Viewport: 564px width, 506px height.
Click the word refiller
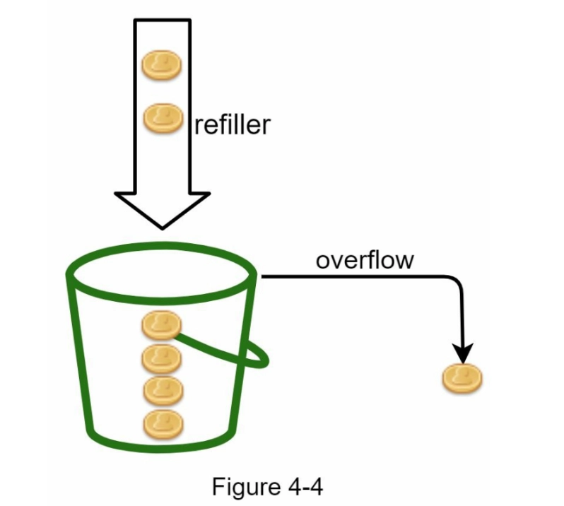pyautogui.click(x=232, y=124)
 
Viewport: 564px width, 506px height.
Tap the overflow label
pyautogui.click(x=365, y=259)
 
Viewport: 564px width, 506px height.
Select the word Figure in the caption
pyautogui.click(x=247, y=487)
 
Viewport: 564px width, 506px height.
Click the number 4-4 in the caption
pyautogui.click(x=305, y=487)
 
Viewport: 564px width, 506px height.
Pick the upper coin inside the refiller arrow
pyautogui.click(x=162, y=65)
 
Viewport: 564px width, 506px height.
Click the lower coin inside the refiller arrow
pyautogui.click(x=163, y=118)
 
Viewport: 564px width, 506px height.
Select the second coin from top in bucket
pyautogui.click(x=162, y=358)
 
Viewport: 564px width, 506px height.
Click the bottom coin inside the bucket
pyautogui.click(x=163, y=425)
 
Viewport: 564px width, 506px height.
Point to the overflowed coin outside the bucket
pyautogui.click(x=462, y=378)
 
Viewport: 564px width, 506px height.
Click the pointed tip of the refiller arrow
pyautogui.click(x=163, y=228)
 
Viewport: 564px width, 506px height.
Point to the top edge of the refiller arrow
pyautogui.click(x=163, y=20)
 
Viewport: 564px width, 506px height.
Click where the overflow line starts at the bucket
pyautogui.click(x=262, y=276)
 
